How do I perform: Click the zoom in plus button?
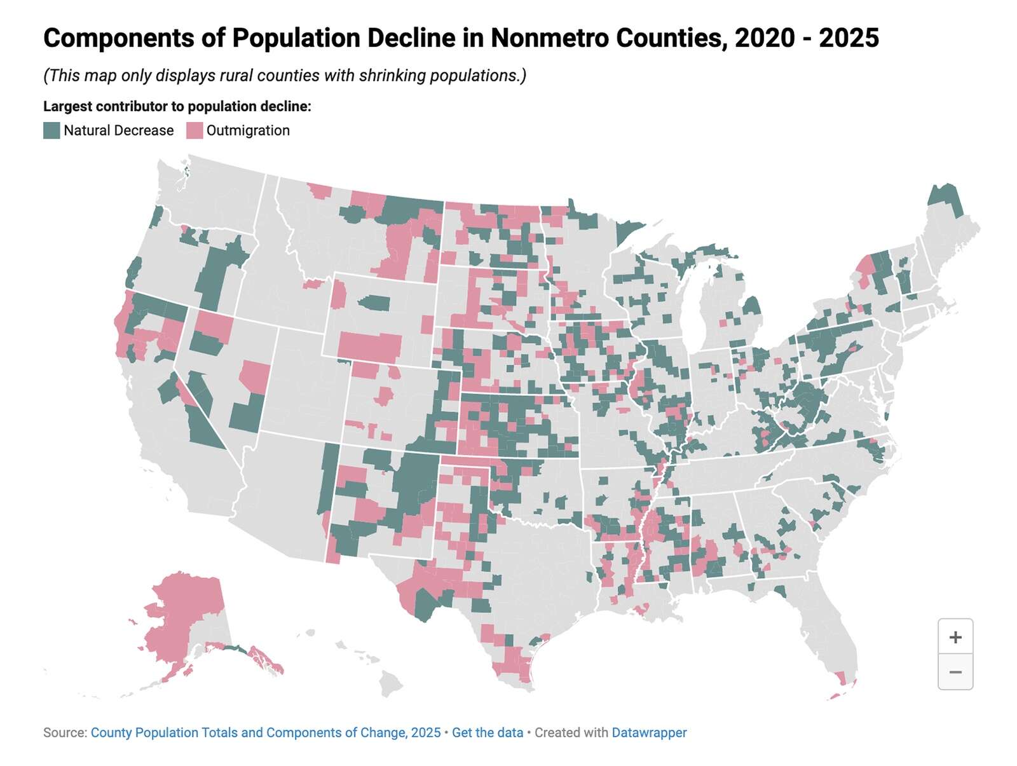point(955,637)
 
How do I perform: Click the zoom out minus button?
point(955,672)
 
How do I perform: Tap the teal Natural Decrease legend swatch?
point(51,130)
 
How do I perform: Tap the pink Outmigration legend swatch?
point(195,130)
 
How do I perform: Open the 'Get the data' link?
point(488,732)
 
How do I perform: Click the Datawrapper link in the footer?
point(649,732)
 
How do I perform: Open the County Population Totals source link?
point(266,732)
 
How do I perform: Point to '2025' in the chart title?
point(849,38)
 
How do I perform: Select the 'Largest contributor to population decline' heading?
point(177,106)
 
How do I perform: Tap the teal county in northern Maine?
point(944,198)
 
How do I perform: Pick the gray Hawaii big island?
point(391,685)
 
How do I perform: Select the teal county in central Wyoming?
point(375,302)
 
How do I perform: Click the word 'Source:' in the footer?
point(65,732)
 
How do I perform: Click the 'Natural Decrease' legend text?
point(118,130)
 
